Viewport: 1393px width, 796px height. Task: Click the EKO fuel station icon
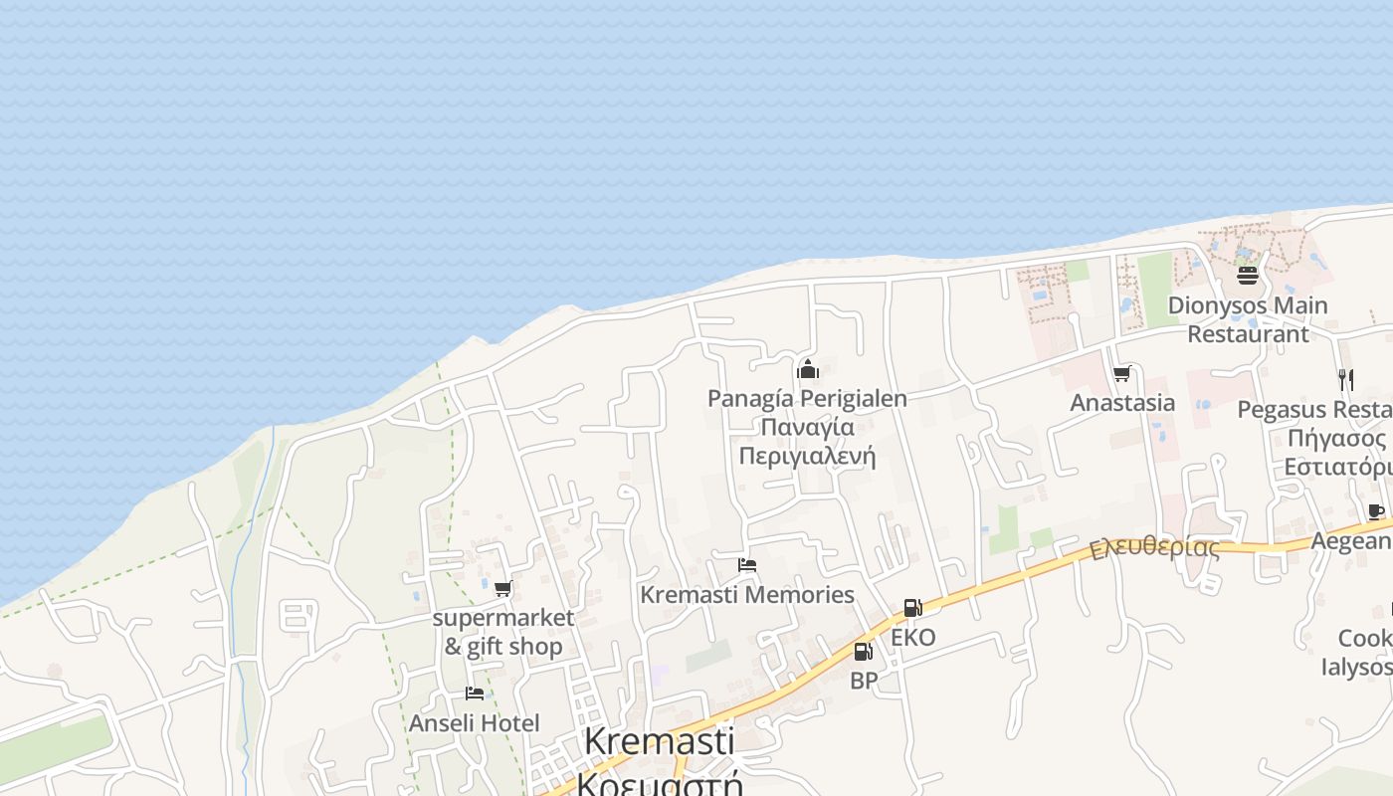click(x=912, y=608)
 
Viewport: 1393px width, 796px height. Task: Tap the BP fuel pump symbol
click(x=863, y=652)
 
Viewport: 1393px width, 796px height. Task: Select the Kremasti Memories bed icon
click(x=747, y=566)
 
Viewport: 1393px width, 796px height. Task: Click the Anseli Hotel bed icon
click(x=475, y=694)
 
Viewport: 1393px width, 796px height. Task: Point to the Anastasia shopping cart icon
click(x=1122, y=374)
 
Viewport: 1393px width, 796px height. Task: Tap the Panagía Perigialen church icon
click(x=808, y=370)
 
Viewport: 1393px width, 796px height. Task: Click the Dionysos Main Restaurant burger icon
click(x=1248, y=276)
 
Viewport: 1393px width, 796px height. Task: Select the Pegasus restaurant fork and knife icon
click(x=1345, y=379)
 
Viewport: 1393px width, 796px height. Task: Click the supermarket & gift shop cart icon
click(x=503, y=589)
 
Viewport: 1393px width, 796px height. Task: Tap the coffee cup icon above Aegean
click(x=1376, y=512)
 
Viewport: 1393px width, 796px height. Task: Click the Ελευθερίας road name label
click(x=1154, y=549)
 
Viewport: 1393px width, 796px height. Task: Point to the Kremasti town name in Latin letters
click(x=659, y=741)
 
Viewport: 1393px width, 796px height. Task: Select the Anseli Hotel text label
click(x=475, y=723)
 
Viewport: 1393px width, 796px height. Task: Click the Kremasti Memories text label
click(x=747, y=595)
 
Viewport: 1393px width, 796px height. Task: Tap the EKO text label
click(x=913, y=638)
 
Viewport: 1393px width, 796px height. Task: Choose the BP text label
click(x=864, y=682)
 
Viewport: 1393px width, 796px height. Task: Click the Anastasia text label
click(x=1122, y=403)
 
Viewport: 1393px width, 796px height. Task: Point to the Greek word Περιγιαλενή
click(x=807, y=457)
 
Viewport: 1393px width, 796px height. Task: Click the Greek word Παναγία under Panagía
click(x=807, y=428)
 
